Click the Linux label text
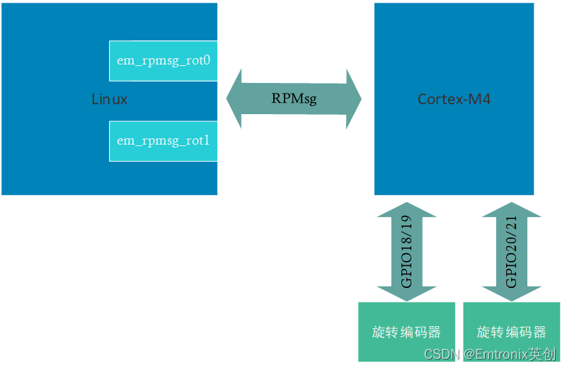pos(110,99)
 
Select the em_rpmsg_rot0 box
pos(163,61)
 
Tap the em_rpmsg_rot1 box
pos(163,140)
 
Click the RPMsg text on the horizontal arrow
pos(294,99)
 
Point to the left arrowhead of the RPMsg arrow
pos(235,99)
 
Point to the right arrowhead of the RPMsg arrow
pos(353,99)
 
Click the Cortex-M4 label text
pos(454,99)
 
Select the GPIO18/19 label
pos(406,252)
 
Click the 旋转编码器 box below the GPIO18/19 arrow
pos(406,332)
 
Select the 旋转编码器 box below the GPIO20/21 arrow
pos(511,332)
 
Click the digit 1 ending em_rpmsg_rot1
pos(207,140)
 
